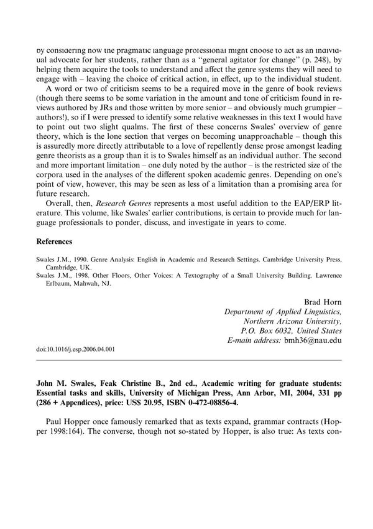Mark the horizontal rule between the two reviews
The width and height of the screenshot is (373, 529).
(186, 360)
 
